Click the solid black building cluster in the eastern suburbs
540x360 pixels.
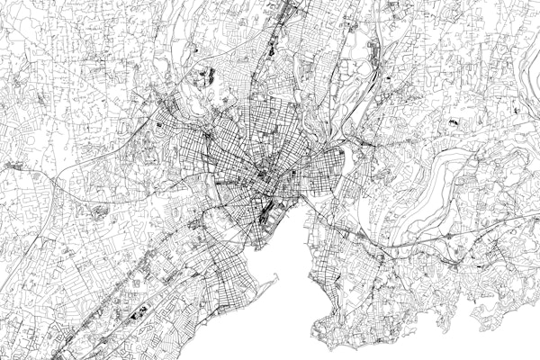457,119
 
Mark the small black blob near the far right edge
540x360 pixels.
515,110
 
